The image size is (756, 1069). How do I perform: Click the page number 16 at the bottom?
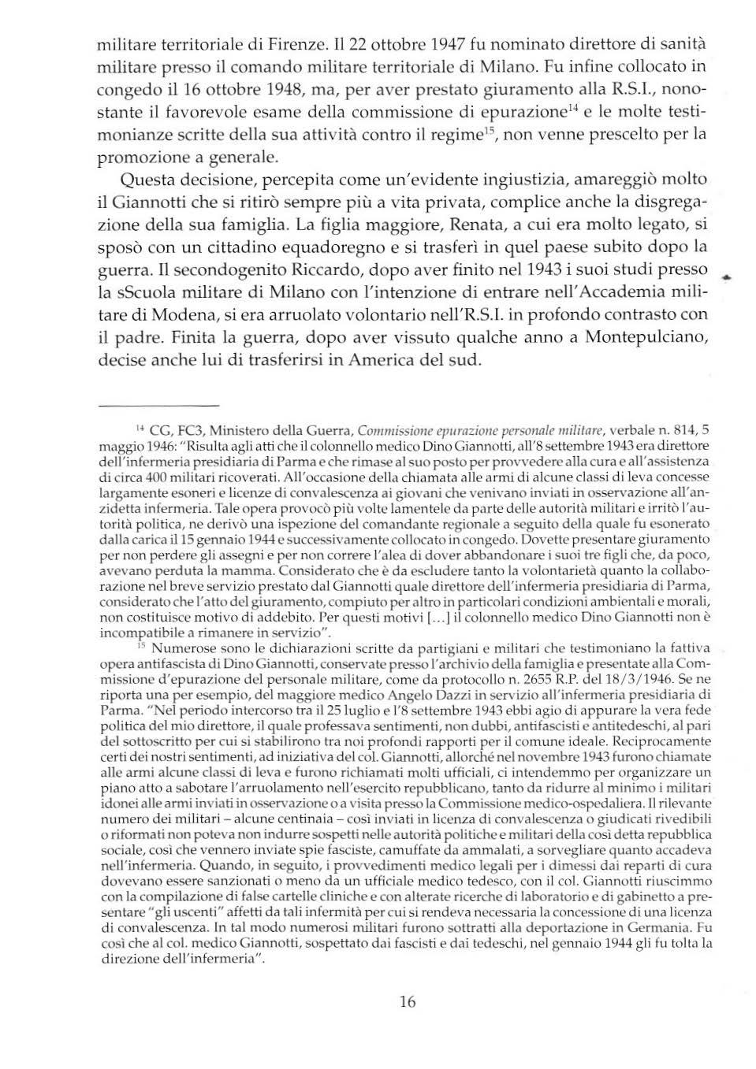click(407, 1002)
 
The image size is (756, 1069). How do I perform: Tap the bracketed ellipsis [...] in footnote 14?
click(440, 616)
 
